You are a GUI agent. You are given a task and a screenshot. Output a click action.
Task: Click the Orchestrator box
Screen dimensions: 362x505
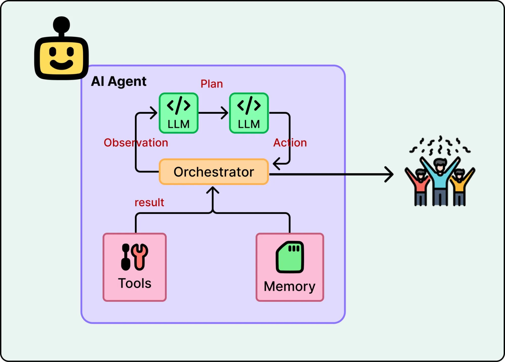pyautogui.click(x=214, y=172)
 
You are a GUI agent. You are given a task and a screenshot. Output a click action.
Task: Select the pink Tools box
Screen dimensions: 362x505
pyautogui.click(x=135, y=267)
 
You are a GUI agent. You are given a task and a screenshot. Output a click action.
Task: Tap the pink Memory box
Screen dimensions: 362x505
pyautogui.click(x=290, y=267)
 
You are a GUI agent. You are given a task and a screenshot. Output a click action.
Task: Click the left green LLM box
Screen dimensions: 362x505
pyautogui.click(x=179, y=113)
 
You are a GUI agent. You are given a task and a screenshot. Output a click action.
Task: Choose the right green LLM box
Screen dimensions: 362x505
pyautogui.click(x=249, y=113)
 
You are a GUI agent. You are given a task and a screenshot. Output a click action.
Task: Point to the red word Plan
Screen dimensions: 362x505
pyautogui.click(x=212, y=84)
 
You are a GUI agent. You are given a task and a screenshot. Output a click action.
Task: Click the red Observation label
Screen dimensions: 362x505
pyautogui.click(x=136, y=143)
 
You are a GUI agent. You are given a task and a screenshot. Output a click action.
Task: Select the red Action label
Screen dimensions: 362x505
pyautogui.click(x=290, y=143)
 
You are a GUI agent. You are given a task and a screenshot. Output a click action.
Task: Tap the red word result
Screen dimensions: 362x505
pyautogui.click(x=149, y=202)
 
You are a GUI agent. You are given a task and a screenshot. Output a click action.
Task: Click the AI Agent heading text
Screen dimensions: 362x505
pyautogui.click(x=119, y=81)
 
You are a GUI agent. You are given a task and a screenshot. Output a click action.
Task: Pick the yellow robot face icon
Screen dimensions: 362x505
pyautogui.click(x=61, y=58)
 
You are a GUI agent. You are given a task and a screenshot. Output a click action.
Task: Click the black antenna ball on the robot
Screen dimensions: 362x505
pyautogui.click(x=61, y=25)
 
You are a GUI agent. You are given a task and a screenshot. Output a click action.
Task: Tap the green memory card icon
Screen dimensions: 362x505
pyautogui.click(x=290, y=257)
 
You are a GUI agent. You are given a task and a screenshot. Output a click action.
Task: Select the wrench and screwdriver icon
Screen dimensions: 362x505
pyautogui.click(x=135, y=257)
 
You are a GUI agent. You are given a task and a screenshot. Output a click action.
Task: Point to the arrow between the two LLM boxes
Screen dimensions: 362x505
pyautogui.click(x=213, y=113)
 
